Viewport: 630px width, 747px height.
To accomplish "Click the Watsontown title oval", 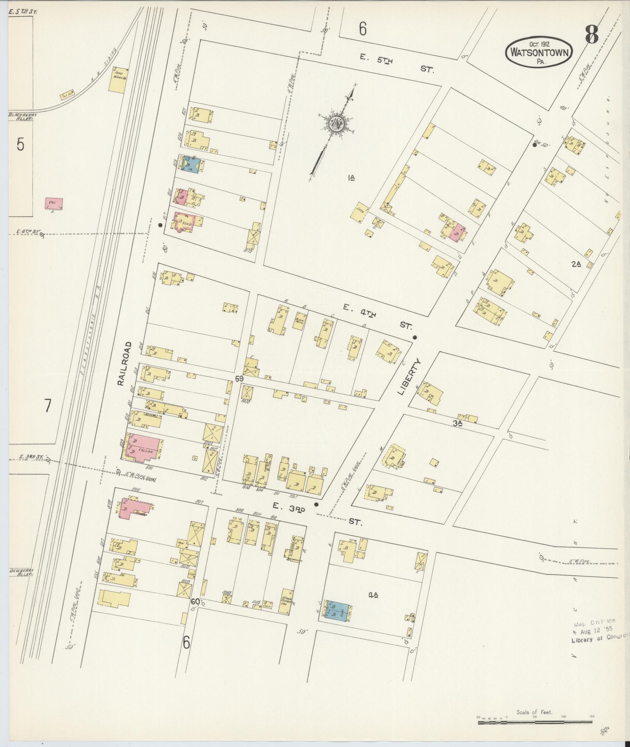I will tap(539, 53).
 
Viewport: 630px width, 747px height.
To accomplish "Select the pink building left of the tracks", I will tap(54, 203).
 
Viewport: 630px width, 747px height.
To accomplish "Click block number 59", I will tap(239, 378).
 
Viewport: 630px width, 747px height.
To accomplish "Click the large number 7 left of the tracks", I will tap(47, 406).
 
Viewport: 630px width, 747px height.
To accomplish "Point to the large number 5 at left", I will tap(20, 144).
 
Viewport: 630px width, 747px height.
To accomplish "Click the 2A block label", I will tap(576, 264).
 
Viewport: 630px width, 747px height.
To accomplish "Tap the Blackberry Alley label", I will tap(20, 116).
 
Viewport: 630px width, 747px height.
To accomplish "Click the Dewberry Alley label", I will tap(21, 572).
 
